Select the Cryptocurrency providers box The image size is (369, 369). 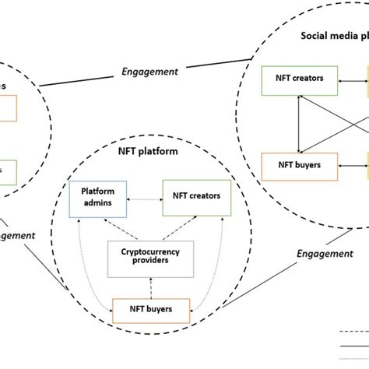(146, 258)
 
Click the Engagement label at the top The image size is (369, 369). (150, 72)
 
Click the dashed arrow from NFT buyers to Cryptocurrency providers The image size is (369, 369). (148, 286)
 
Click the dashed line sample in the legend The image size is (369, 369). (354, 333)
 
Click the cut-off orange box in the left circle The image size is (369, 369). (6, 108)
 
